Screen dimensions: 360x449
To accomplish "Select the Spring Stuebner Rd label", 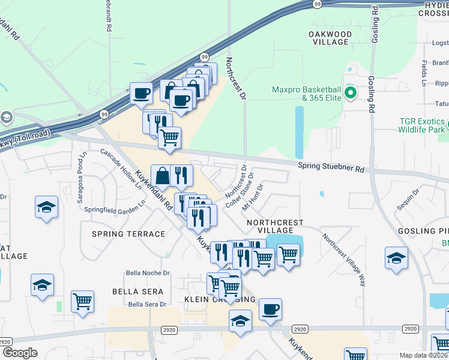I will click(x=331, y=169).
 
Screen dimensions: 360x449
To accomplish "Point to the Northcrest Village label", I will click(x=275, y=226).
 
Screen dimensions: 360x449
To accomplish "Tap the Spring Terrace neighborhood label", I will click(x=129, y=234).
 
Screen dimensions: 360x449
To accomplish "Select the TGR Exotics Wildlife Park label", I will click(x=423, y=125).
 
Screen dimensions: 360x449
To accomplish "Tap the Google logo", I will click(x=20, y=352).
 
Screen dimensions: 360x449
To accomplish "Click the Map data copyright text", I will click(x=423, y=355).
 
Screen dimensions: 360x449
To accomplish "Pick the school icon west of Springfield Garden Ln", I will click(x=47, y=208).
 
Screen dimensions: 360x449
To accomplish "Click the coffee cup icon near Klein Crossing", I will click(x=270, y=309).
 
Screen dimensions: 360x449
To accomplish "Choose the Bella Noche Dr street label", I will click(x=148, y=273).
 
